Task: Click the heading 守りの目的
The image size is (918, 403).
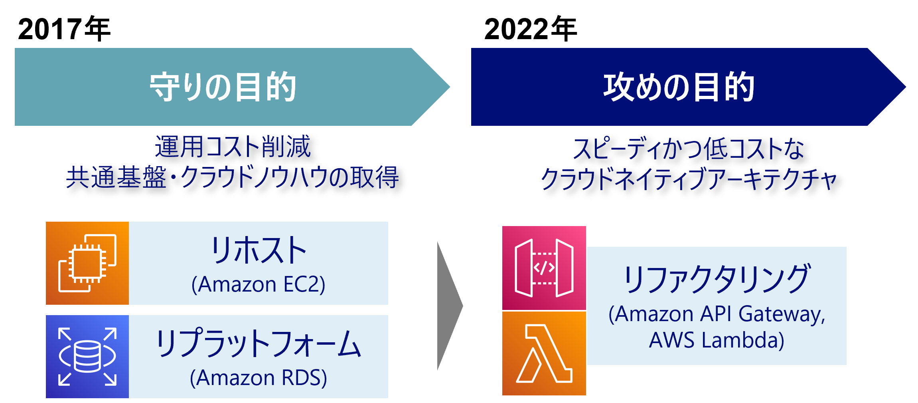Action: (223, 87)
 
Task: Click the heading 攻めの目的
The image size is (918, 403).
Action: (678, 87)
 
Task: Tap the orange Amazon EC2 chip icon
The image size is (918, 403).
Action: (87, 263)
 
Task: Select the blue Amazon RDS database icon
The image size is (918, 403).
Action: (87, 356)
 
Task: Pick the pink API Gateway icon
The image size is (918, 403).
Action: (544, 268)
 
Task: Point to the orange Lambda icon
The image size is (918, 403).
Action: (544, 353)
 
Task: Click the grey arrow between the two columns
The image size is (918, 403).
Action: (449, 306)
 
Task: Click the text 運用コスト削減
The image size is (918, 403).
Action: (233, 147)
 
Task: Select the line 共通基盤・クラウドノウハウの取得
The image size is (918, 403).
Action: (232, 177)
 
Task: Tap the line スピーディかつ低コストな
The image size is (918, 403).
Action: (689, 149)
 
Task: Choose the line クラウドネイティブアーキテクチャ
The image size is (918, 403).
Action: (689, 179)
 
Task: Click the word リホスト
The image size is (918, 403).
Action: (258, 250)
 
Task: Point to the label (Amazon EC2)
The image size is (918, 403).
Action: (258, 284)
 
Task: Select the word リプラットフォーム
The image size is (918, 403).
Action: (258, 344)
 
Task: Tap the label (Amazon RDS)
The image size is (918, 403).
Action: (258, 377)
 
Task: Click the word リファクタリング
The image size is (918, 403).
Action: (717, 278)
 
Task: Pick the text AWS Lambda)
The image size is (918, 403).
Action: (717, 340)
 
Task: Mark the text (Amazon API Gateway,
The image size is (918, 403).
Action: (717, 314)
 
